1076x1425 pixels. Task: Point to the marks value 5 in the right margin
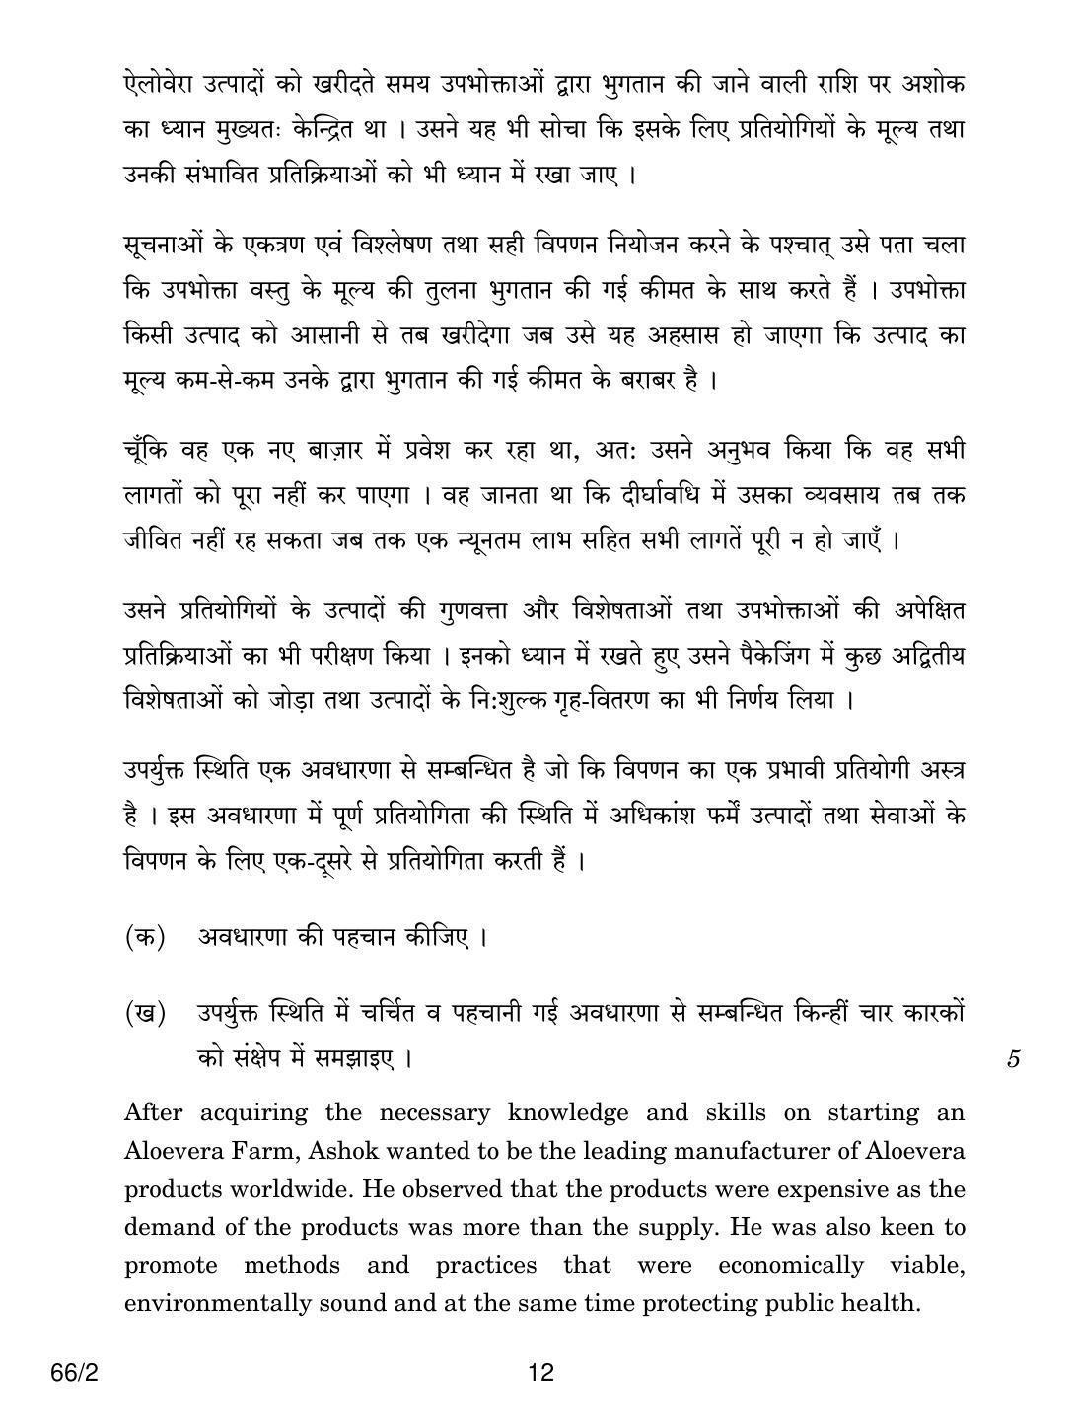(1014, 1060)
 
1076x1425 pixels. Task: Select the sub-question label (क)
(144, 936)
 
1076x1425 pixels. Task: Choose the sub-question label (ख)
(144, 1012)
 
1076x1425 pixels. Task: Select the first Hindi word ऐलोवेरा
(162, 86)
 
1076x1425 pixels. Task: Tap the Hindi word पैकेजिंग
(764, 657)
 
